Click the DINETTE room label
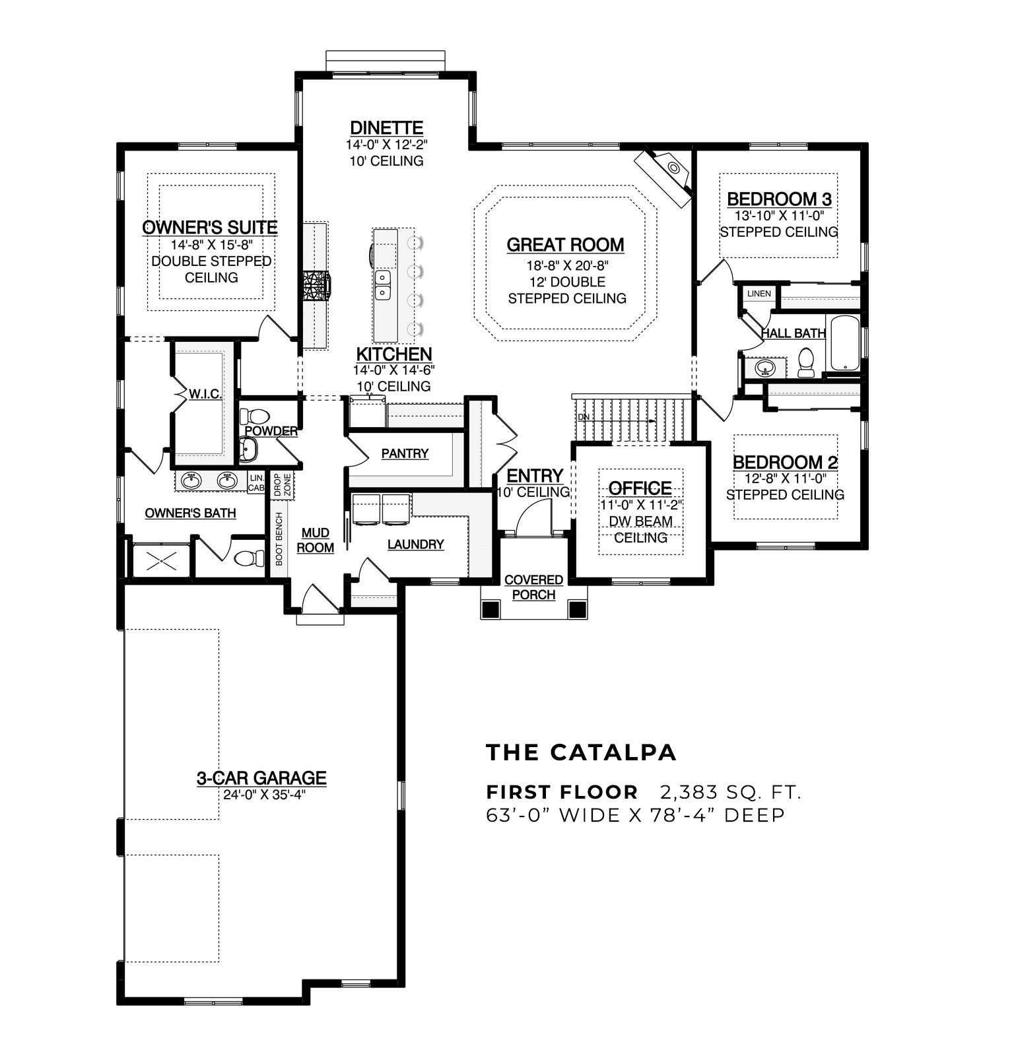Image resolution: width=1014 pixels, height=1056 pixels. tap(386, 127)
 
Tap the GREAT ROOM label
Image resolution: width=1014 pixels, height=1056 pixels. tap(565, 245)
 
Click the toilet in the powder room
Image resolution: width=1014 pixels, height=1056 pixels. tap(254, 416)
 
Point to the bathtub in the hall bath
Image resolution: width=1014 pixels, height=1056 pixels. tap(844, 343)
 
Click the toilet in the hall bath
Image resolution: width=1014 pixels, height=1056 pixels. tap(806, 364)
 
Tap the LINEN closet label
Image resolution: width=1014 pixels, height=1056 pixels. tap(759, 294)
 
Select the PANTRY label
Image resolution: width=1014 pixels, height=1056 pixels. tap(405, 453)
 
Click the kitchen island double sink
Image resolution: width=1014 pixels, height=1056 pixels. tap(382, 283)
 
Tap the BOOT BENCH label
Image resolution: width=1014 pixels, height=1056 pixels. tap(279, 539)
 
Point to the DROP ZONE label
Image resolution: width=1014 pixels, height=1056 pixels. tap(282, 484)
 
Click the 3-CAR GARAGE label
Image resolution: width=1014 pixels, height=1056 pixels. tap(261, 778)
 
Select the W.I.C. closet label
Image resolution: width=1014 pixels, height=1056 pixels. tap(205, 394)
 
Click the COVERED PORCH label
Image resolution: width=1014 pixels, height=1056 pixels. tap(533, 587)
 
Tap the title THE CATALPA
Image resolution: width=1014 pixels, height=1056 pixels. tap(582, 752)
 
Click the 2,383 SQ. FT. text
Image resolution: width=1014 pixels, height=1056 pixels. tap(730, 791)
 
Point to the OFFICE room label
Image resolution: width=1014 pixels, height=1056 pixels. tap(640, 488)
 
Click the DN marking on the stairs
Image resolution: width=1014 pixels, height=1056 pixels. tap(583, 417)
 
